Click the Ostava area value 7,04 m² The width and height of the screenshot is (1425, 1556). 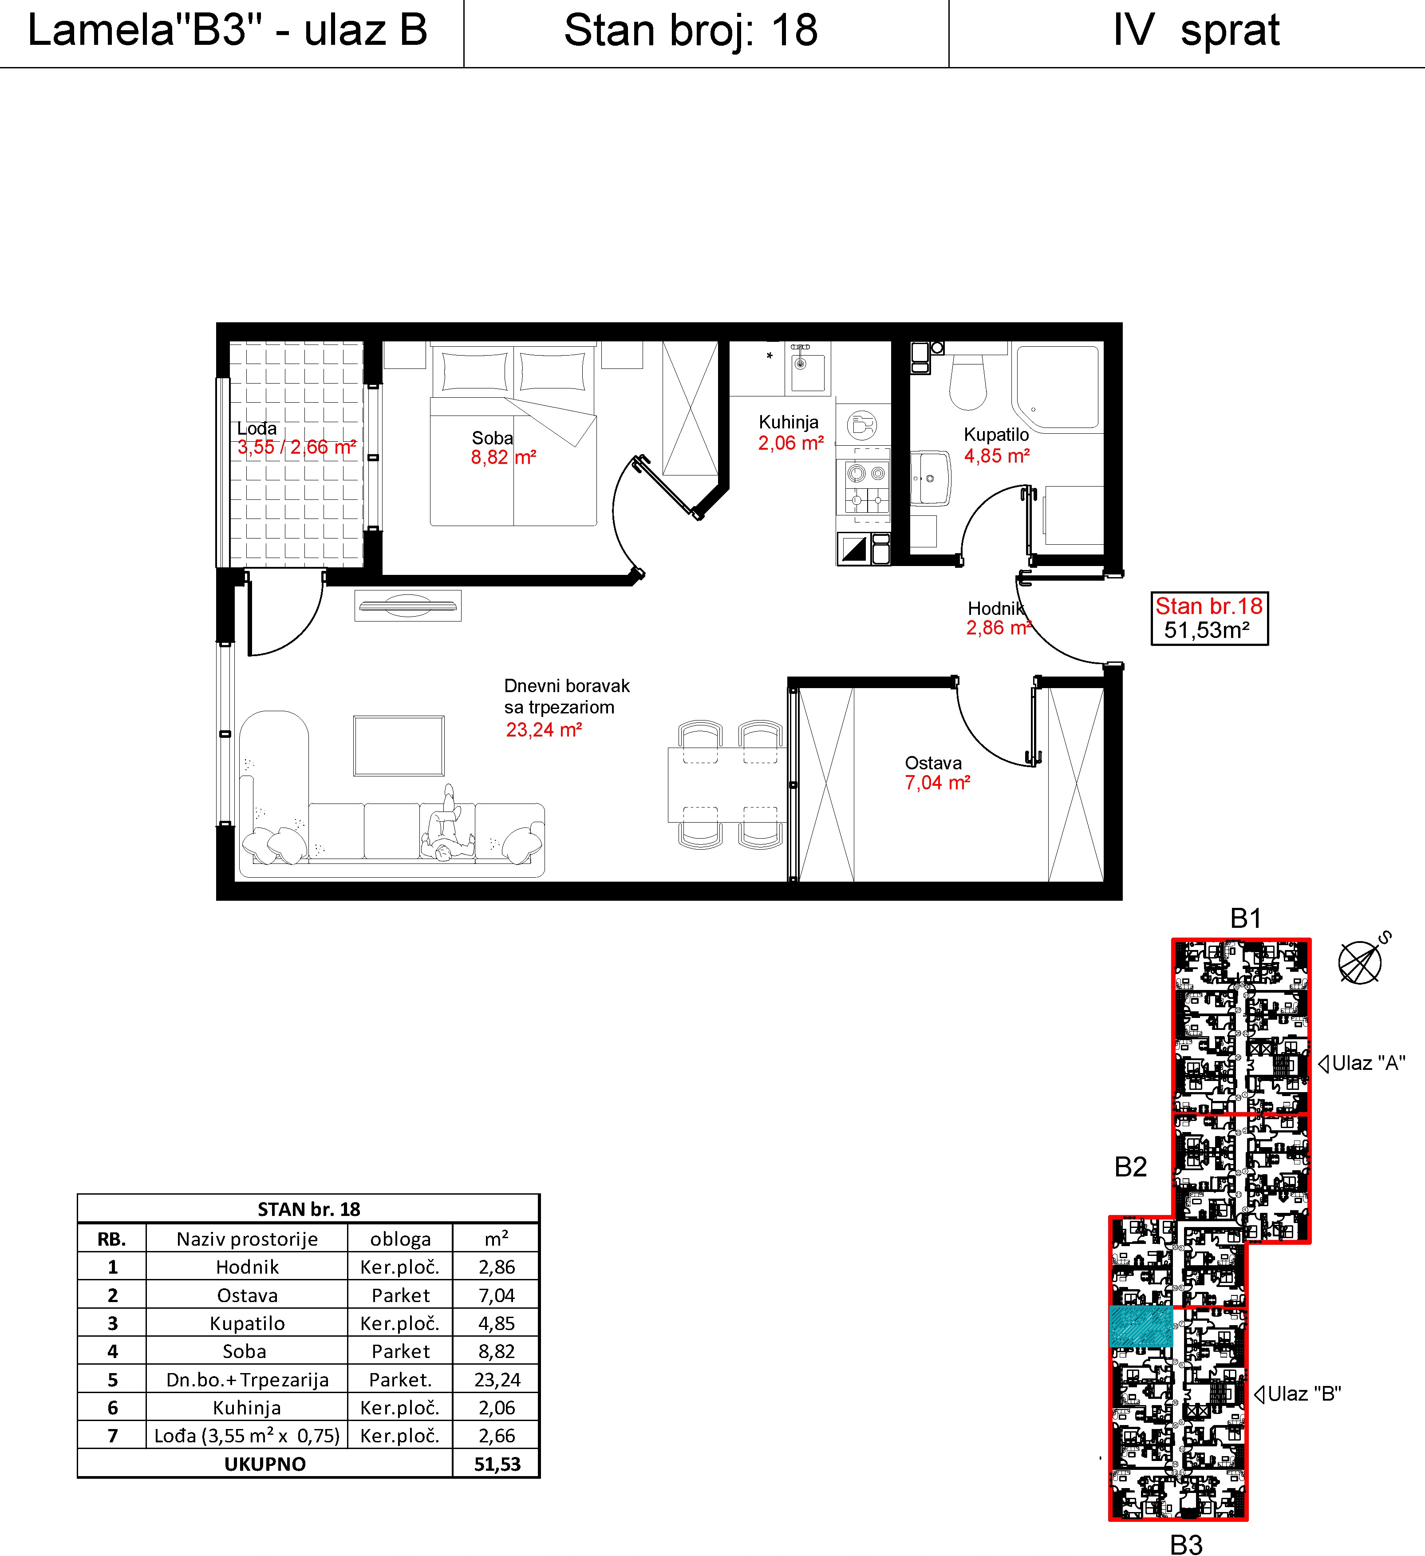[937, 783]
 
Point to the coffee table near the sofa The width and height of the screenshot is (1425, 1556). [399, 745]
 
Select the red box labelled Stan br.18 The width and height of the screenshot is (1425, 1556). [1209, 618]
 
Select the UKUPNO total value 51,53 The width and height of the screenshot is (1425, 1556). [497, 1464]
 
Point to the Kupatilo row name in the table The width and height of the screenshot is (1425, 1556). [247, 1324]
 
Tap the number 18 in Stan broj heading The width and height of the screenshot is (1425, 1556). [795, 31]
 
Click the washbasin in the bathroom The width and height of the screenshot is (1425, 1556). [930, 479]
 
